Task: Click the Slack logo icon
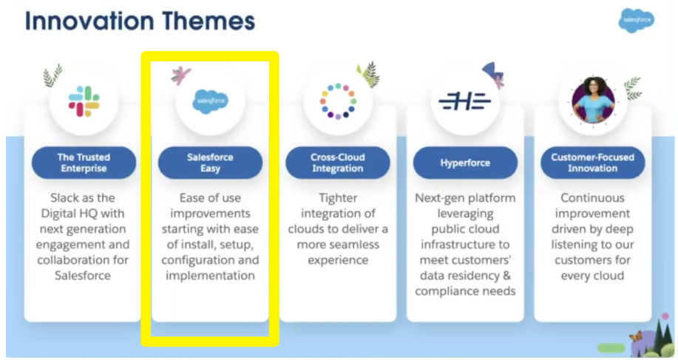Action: coord(84,101)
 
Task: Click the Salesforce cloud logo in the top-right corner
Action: coord(637,20)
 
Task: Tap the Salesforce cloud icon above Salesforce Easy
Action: coord(211,101)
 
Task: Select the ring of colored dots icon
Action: coord(338,101)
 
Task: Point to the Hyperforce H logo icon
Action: coord(465,101)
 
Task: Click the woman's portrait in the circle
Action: coord(593,101)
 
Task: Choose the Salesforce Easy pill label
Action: coord(210,163)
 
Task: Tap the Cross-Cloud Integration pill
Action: coord(338,163)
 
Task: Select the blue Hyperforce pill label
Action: coord(465,163)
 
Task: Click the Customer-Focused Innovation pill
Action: coord(593,163)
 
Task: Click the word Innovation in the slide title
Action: coord(89,21)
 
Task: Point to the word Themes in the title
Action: coord(209,21)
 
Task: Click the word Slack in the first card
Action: coord(65,198)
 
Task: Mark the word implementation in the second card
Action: coord(210,276)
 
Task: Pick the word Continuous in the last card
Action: coord(593,198)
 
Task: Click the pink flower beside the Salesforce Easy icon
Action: coord(180,75)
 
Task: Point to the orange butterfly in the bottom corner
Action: coord(635,336)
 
